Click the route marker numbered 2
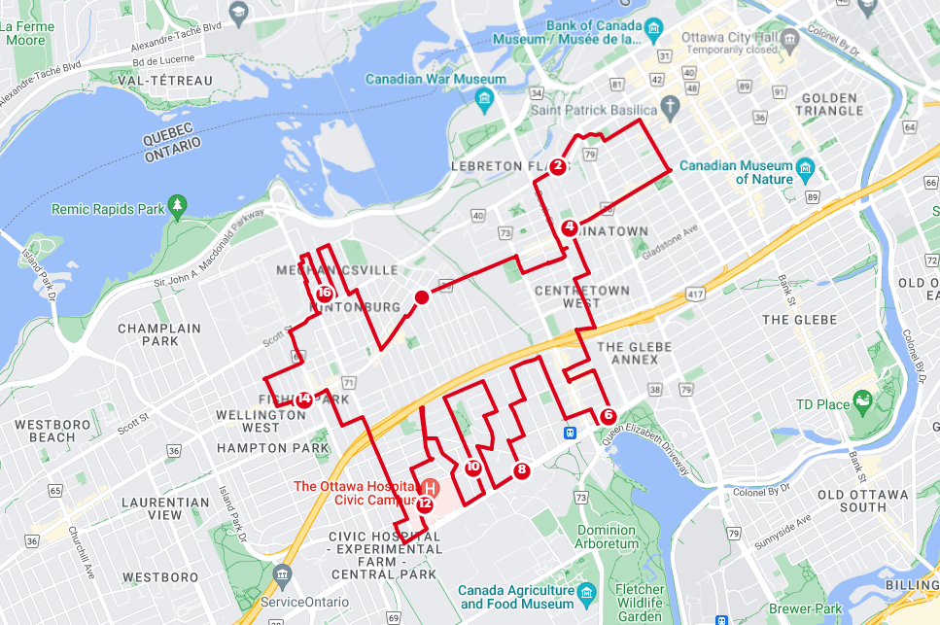click(558, 166)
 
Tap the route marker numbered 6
click(609, 416)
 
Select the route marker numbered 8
click(522, 470)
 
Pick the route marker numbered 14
click(305, 399)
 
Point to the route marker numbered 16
click(325, 293)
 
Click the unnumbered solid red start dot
click(421, 297)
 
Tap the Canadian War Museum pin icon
click(484, 98)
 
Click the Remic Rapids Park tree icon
click(177, 205)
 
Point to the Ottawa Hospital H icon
click(429, 486)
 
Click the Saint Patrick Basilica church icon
click(670, 105)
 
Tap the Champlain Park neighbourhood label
click(159, 334)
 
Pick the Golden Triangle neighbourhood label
click(828, 104)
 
